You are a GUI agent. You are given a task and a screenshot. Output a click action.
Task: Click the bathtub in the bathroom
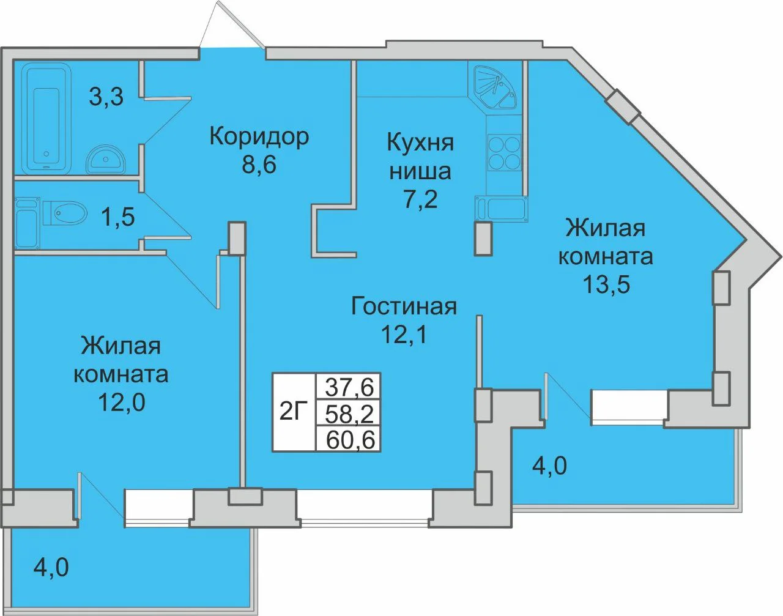46,118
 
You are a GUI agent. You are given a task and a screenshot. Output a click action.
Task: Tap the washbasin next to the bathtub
105,160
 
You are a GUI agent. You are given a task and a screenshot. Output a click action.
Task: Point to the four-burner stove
504,152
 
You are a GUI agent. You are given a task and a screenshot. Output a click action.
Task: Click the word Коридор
259,137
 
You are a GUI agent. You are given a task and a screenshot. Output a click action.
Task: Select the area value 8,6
259,165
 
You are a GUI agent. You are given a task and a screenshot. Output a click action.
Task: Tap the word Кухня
420,143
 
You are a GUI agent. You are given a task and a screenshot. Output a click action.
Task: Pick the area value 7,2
420,198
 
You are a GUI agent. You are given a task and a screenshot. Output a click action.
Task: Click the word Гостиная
404,306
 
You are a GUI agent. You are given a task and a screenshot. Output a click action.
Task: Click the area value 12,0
122,402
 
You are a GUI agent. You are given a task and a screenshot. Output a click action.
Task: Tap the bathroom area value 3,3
106,97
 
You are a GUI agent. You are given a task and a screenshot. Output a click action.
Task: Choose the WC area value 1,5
118,217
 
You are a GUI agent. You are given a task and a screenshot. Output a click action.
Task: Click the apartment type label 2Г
294,412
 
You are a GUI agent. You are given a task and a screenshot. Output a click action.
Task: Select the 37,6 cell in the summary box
349,387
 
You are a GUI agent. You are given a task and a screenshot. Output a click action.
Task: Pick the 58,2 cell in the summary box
349,413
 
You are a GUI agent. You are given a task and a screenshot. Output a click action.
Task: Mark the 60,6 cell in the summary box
349,439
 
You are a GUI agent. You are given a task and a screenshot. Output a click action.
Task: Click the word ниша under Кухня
420,171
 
